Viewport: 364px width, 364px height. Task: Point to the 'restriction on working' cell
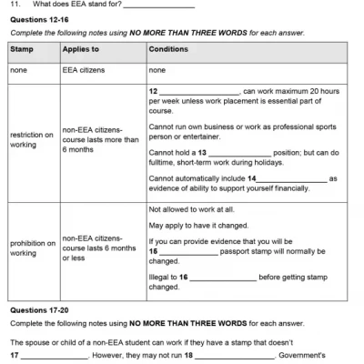tap(32, 139)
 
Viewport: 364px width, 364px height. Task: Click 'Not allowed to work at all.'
tap(192, 210)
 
